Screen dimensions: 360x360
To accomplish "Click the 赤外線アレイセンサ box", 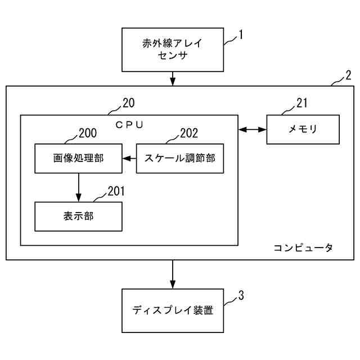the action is pyautogui.click(x=173, y=49).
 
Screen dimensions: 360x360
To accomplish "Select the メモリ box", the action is pyautogui.click(x=303, y=129).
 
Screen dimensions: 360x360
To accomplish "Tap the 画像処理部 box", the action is pyautogui.click(x=78, y=159).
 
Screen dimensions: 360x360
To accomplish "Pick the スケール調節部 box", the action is pyautogui.click(x=180, y=159).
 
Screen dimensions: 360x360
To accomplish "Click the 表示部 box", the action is pyautogui.click(x=78, y=217).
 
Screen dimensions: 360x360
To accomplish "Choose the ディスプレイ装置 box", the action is pyautogui.click(x=173, y=310).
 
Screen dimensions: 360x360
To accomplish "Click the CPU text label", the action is pyautogui.click(x=129, y=125).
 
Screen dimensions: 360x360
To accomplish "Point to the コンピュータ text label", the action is pyautogui.click(x=303, y=247).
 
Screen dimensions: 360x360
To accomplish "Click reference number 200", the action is pyautogui.click(x=88, y=133).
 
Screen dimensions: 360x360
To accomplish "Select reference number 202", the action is pyautogui.click(x=189, y=133).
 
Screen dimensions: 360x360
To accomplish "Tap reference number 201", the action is pyautogui.click(x=116, y=191).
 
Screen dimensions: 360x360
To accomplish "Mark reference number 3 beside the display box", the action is pyautogui.click(x=241, y=295).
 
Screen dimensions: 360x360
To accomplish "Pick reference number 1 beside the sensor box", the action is pyautogui.click(x=241, y=35).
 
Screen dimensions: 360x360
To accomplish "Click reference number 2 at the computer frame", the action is pyautogui.click(x=348, y=75).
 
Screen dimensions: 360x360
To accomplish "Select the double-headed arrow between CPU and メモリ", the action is pyautogui.click(x=253, y=129).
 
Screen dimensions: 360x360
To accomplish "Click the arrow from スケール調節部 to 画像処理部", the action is pyautogui.click(x=129, y=159).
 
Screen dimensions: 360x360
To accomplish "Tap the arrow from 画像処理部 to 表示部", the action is pyautogui.click(x=79, y=187).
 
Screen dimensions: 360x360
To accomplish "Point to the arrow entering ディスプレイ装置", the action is pyautogui.click(x=173, y=274).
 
